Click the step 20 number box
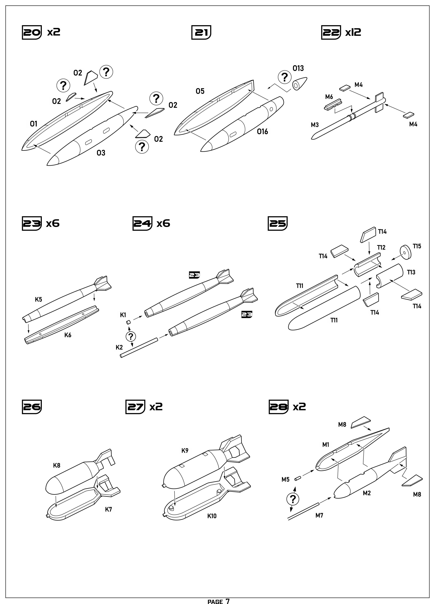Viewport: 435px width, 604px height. [32, 32]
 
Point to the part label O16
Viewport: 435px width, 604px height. [262, 132]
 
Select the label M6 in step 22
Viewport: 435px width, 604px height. [329, 97]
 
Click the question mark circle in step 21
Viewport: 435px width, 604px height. [285, 77]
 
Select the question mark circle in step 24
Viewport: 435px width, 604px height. [131, 336]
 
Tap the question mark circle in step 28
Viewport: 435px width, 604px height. [293, 499]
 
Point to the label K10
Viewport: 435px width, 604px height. [212, 516]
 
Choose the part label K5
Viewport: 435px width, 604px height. [38, 299]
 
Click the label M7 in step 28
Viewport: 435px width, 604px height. [319, 515]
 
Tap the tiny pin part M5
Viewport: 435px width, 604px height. [297, 479]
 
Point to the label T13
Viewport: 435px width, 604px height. [411, 272]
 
